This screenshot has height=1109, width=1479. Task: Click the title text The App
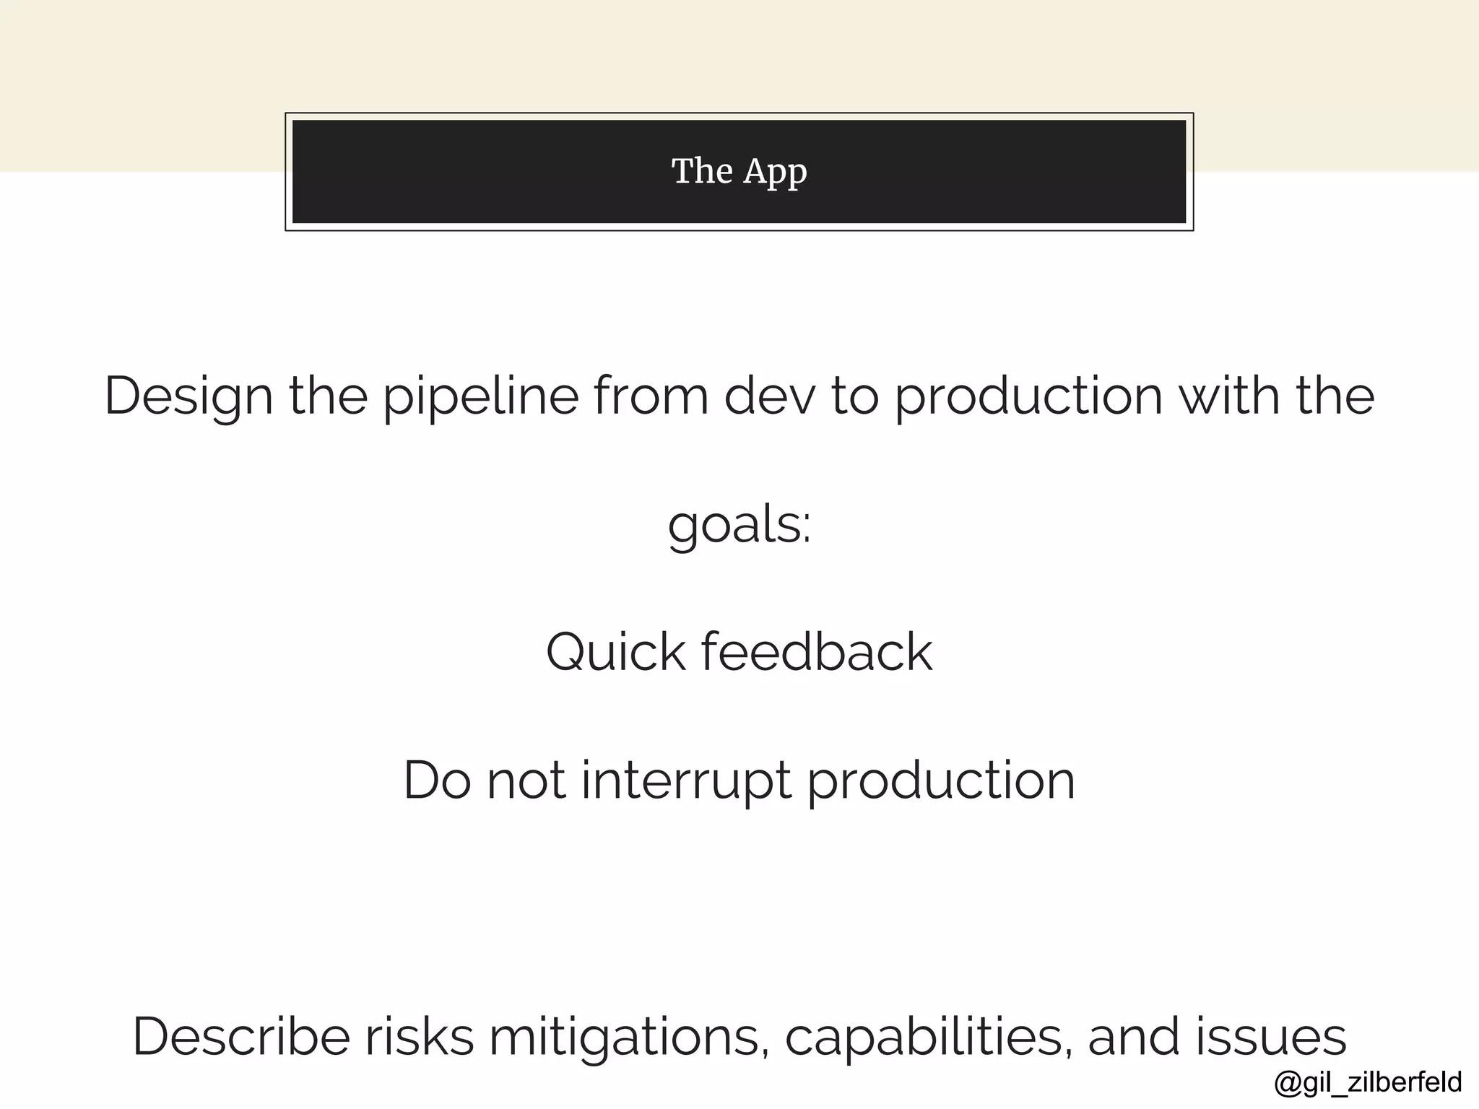[739, 172]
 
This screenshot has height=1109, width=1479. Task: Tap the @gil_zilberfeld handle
[1368, 1082]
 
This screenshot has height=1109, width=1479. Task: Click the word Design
[188, 396]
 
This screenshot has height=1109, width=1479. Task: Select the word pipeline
[480, 396]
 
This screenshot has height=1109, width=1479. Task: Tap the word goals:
[739, 525]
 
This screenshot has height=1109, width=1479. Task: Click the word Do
[437, 780]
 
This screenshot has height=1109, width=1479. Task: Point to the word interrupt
[686, 780]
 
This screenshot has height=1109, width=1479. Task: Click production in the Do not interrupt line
[941, 780]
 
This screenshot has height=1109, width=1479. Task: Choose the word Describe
[241, 1037]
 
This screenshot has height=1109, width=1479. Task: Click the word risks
[419, 1037]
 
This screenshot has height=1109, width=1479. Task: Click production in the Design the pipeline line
[1029, 396]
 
